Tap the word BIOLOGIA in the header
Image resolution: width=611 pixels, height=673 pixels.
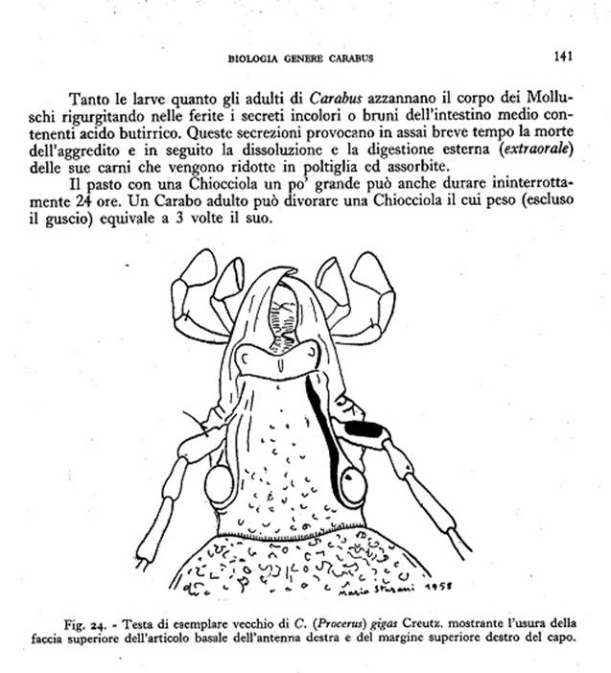(253, 58)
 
